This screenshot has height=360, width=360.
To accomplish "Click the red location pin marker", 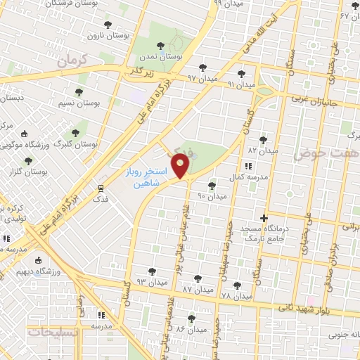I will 181,166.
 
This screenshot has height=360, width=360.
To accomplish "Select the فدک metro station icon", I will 101,188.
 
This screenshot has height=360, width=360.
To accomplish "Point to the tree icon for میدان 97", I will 203,68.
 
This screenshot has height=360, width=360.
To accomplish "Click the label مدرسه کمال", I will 252,177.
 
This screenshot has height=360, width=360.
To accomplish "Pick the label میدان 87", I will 197,289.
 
